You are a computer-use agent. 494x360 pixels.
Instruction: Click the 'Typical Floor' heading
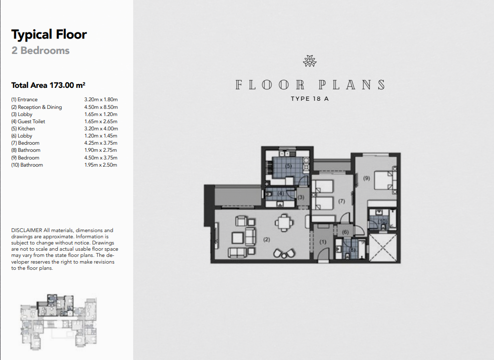[49, 35]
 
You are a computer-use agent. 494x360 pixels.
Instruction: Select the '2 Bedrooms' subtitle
[40, 51]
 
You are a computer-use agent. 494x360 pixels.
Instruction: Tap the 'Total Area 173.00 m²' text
[48, 85]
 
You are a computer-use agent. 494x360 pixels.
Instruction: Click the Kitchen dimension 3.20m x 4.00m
[101, 128]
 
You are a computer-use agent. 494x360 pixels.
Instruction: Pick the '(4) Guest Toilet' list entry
[28, 121]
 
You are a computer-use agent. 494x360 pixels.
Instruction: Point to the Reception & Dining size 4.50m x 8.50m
[101, 107]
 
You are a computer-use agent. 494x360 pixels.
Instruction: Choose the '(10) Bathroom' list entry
[27, 165]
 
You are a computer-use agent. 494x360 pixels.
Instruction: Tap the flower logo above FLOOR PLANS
[310, 61]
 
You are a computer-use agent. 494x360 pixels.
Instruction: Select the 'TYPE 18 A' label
[310, 99]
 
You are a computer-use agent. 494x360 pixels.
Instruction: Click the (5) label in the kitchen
[288, 166]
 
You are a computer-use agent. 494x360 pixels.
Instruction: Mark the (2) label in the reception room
[266, 240]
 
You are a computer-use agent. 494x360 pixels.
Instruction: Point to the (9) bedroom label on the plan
[367, 178]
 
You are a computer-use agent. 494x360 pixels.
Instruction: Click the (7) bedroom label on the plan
[342, 201]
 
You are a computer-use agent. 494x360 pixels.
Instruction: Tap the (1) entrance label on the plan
[323, 242]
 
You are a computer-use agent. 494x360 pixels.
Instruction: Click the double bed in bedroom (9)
[385, 180]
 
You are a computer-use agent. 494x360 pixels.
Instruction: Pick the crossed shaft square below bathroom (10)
[382, 247]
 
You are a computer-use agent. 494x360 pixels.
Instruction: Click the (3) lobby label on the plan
[301, 197]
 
